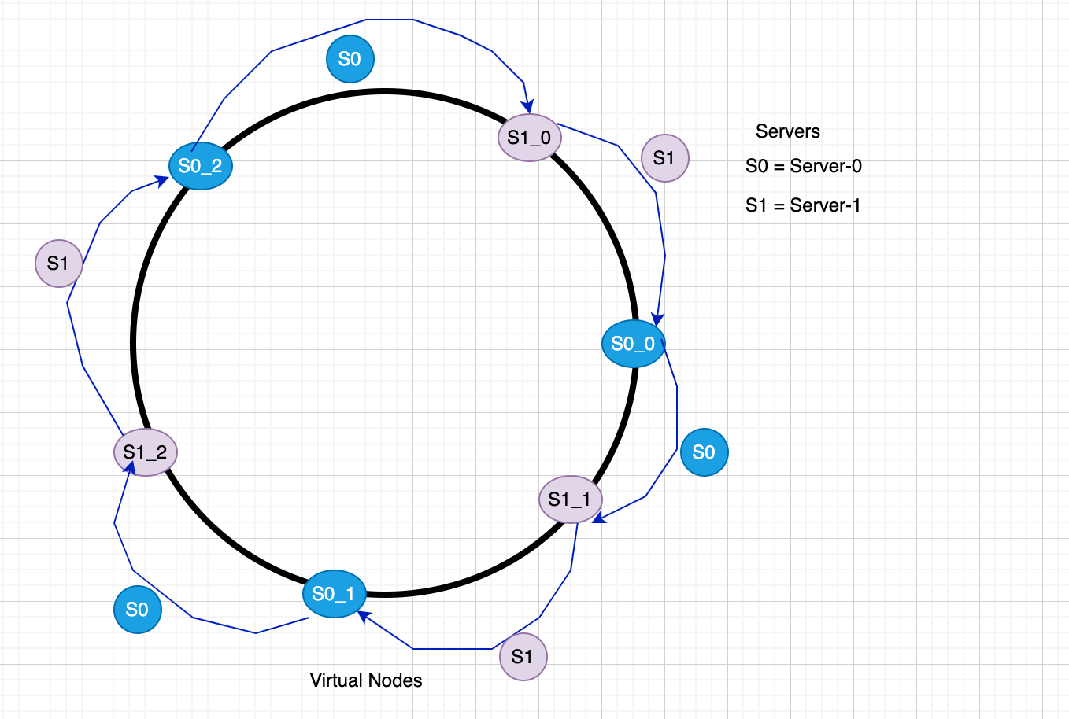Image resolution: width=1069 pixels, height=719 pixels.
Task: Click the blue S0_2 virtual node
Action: click(201, 166)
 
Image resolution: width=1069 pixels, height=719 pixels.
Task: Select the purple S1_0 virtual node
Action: click(529, 138)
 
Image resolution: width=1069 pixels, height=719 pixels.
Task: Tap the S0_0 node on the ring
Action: click(633, 344)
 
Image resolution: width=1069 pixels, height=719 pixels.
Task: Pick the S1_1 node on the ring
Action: click(570, 500)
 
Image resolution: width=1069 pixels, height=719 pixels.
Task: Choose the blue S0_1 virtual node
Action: click(334, 594)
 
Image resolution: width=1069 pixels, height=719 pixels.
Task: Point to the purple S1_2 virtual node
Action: click(146, 452)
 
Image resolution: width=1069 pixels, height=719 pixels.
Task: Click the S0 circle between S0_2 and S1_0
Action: click(350, 59)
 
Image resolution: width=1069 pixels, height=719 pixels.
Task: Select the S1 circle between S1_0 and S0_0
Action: click(664, 158)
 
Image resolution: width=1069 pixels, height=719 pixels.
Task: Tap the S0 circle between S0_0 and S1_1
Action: click(704, 452)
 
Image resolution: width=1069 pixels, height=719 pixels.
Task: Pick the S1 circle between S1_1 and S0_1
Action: click(523, 657)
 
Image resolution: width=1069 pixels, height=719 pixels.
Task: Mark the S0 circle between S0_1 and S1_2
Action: click(137, 610)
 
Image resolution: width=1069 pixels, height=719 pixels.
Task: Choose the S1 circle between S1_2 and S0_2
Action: click(58, 264)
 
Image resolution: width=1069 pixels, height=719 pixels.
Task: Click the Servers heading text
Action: click(787, 131)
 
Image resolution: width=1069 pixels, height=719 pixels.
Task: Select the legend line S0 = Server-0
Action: click(803, 166)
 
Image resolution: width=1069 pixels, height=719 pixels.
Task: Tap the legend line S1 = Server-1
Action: click(803, 205)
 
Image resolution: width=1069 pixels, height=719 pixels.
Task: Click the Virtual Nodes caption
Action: click(366, 680)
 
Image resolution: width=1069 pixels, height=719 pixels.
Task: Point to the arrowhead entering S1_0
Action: click(528, 107)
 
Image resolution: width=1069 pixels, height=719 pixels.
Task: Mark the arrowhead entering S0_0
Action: click(658, 319)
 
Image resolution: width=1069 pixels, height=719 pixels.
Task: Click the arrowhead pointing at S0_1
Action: click(364, 616)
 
